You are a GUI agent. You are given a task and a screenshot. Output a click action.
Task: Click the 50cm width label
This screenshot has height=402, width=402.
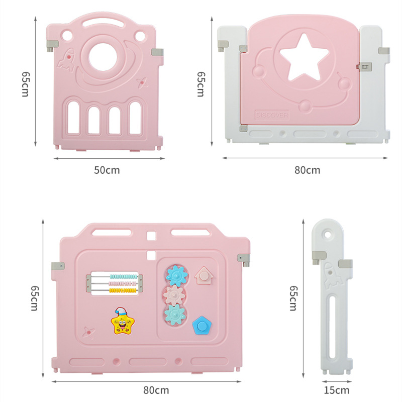107,170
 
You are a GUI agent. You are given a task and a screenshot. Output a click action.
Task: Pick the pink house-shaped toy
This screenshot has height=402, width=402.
203,275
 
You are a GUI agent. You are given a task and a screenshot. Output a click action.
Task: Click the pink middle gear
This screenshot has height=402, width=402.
174,294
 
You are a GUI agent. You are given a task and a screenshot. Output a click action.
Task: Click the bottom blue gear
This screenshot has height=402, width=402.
174,314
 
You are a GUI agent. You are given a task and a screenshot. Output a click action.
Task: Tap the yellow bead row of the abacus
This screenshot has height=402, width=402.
123,290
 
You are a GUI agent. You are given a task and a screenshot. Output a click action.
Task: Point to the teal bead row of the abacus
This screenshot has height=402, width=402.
123,277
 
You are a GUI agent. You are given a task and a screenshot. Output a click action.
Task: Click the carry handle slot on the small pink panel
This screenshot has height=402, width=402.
105,24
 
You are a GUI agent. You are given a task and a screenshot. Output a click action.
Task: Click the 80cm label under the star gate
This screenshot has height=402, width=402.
307,170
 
